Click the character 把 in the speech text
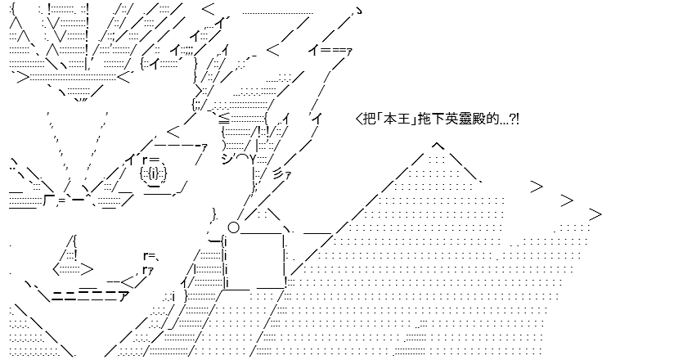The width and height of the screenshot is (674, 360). click(x=369, y=119)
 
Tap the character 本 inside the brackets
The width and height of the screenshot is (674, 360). click(x=389, y=119)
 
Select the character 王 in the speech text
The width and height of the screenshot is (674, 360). click(x=401, y=119)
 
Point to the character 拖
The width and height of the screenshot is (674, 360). click(x=424, y=119)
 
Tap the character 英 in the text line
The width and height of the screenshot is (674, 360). click(x=457, y=119)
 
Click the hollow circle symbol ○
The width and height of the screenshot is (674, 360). click(x=233, y=227)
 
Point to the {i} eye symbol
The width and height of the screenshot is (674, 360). click(x=154, y=173)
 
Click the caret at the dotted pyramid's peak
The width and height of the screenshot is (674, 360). click(x=438, y=146)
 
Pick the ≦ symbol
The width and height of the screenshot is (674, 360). click(x=224, y=118)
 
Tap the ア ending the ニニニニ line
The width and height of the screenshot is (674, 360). click(x=123, y=296)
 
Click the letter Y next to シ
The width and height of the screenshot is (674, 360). click(x=254, y=160)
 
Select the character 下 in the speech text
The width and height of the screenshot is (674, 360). click(x=435, y=119)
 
